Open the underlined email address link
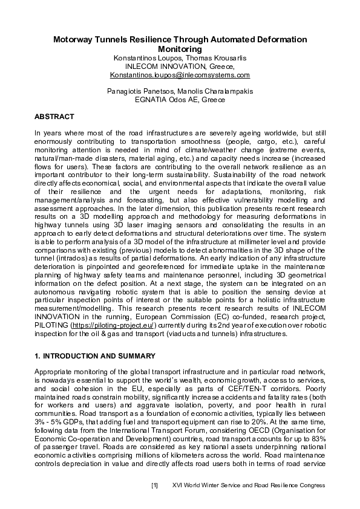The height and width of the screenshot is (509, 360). [180, 75]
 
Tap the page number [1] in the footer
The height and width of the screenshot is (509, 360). [154, 485]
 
